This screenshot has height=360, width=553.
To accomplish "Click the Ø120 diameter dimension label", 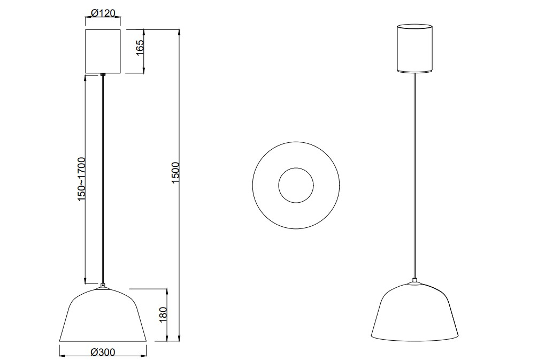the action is (x=103, y=13).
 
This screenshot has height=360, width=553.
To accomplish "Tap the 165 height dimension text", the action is (x=140, y=47).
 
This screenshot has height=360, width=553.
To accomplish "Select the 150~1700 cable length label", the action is (x=81, y=179).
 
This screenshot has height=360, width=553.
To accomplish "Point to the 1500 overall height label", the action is (x=175, y=172).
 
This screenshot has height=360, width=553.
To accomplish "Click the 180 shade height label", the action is (x=163, y=315).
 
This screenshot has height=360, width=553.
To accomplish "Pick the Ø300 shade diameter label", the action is (x=103, y=352).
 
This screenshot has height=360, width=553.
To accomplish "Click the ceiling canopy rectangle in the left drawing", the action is (x=103, y=51).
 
